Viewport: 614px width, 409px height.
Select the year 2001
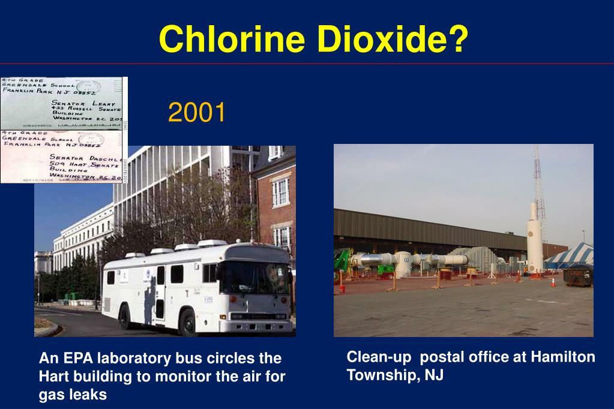tap(196, 113)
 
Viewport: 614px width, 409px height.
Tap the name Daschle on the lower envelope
tap(105, 157)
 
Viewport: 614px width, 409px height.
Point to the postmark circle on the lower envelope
tap(94, 140)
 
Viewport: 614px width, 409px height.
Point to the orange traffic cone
tap(553, 281)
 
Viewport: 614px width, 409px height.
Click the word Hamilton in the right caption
tap(561, 357)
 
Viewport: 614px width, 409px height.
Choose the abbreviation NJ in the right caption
tap(435, 375)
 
